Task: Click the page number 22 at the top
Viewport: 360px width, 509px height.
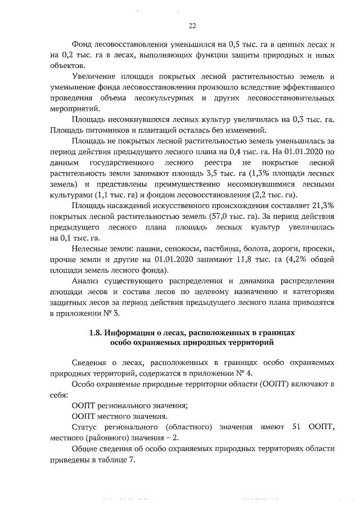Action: (x=192, y=26)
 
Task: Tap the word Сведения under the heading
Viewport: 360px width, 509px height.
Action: (x=91, y=363)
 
